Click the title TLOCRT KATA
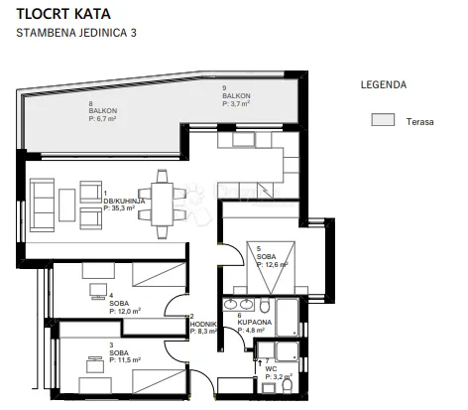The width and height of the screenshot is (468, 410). point(63,14)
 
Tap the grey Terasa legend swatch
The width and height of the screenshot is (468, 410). point(383,119)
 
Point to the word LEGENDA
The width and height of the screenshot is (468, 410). point(384,84)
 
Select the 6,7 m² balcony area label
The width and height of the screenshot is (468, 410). point(102,118)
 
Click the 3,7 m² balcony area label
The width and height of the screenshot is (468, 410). point(236,103)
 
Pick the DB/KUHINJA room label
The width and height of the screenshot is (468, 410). point(124,201)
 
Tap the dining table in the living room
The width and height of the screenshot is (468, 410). point(162,205)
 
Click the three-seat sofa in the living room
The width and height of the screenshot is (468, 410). point(42,205)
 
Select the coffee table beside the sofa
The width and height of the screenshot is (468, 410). point(67,205)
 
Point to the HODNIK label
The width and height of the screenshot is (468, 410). point(203,324)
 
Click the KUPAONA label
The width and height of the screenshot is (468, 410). point(255,322)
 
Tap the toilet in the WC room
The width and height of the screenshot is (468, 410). point(288,385)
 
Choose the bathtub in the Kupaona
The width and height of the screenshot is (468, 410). point(288,318)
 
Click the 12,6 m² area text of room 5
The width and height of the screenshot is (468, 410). point(273,264)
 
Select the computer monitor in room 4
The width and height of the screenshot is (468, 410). point(98,291)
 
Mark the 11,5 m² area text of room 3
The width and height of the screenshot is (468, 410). point(125,360)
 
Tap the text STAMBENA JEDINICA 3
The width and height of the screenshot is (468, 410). point(76,33)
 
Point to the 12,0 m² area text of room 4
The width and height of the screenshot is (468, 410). point(125,311)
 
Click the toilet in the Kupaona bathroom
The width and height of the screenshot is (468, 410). point(265,305)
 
